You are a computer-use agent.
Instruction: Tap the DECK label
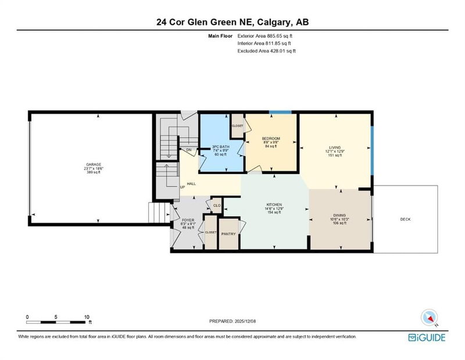coord(405,219)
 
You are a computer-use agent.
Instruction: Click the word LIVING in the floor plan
coord(334,148)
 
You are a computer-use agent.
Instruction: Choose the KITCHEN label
coord(274,205)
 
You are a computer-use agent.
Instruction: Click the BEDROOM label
coord(271,137)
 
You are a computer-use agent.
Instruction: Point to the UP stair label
coord(182,187)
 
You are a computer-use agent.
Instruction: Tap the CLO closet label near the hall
coord(216,205)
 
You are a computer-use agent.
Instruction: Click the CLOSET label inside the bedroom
coord(238,126)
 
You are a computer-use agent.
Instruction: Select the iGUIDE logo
coord(430,337)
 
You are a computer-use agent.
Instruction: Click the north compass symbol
coord(429,317)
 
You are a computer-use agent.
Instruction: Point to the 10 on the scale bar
coord(87,316)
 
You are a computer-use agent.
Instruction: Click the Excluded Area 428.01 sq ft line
coord(266,51)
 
